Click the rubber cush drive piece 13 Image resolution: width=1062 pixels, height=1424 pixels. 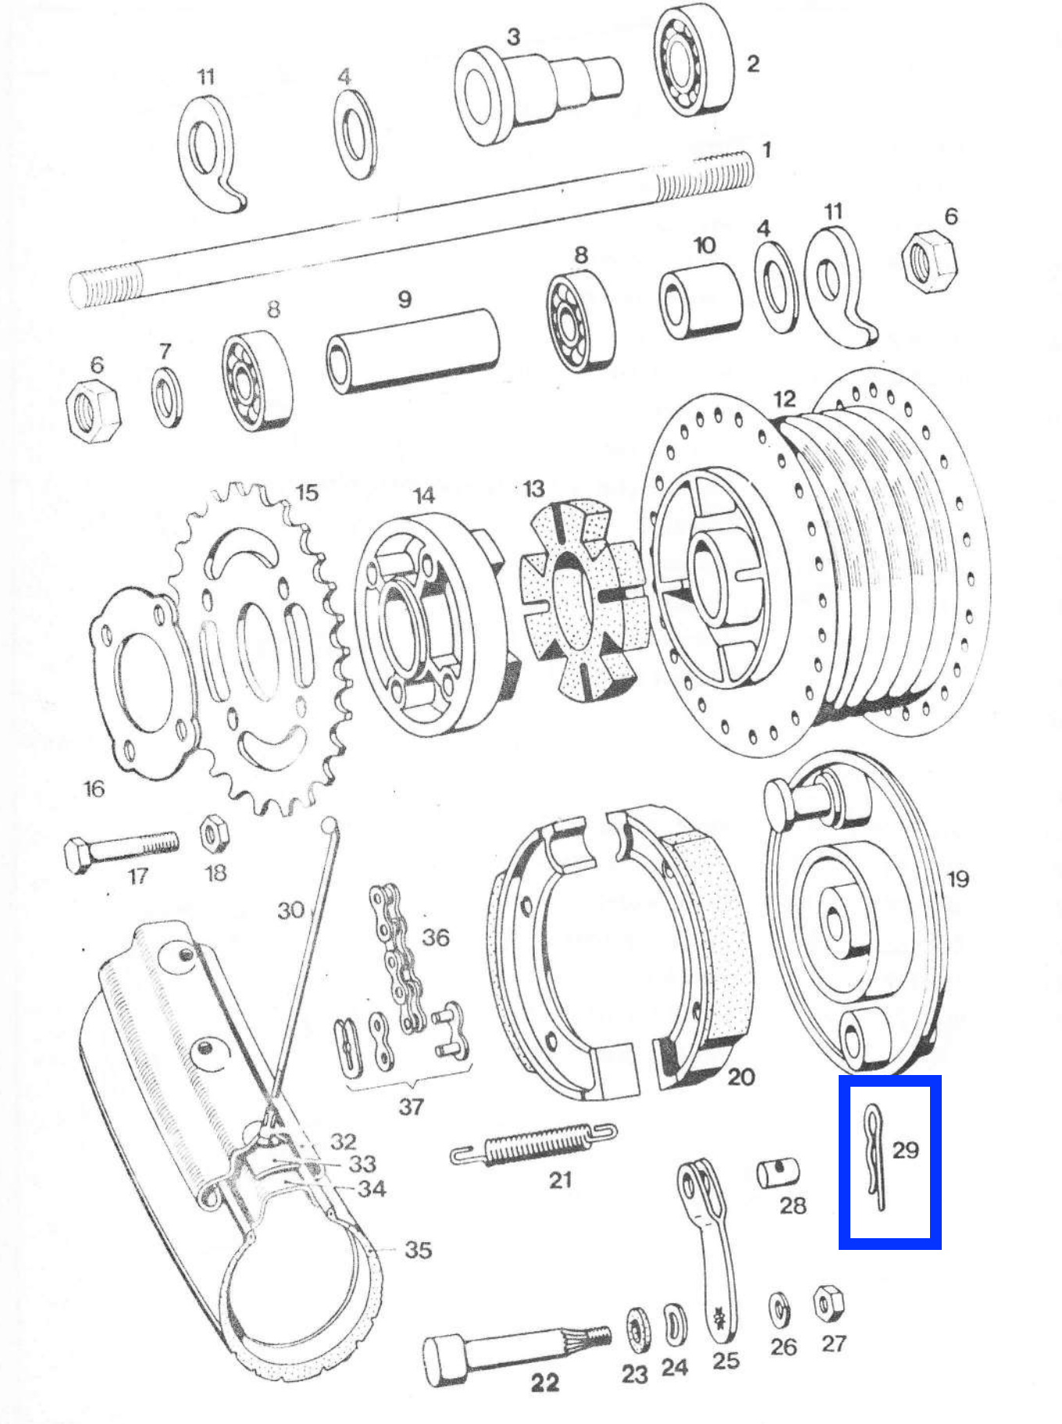click(x=584, y=593)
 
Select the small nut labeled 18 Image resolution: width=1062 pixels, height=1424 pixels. click(x=212, y=835)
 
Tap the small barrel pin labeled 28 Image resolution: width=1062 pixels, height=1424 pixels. click(x=778, y=1173)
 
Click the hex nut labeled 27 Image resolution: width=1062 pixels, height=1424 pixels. click(x=829, y=1303)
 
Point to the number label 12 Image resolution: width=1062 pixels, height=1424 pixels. click(x=785, y=399)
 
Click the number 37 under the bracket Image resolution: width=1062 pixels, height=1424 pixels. click(x=411, y=1106)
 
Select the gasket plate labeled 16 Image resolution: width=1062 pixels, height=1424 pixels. click(x=141, y=683)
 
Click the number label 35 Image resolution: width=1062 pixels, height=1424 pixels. click(x=418, y=1250)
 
